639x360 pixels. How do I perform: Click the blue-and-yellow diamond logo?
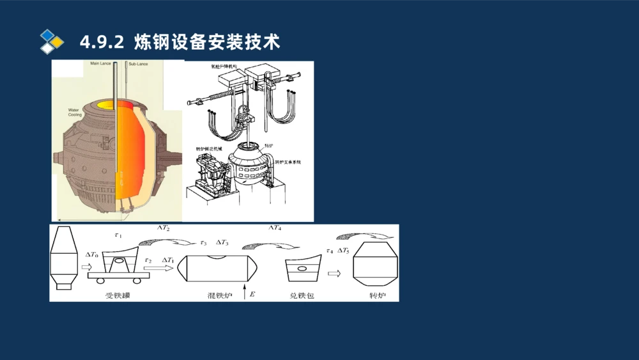click(52, 41)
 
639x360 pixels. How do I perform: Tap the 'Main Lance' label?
click(101, 64)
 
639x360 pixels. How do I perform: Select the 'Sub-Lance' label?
click(138, 65)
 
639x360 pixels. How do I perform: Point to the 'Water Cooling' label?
click(75, 112)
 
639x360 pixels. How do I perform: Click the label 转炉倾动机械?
click(209, 149)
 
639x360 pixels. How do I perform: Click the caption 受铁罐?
click(118, 295)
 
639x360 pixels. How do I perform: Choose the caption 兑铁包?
click(302, 295)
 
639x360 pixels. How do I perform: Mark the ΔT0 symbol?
click(92, 254)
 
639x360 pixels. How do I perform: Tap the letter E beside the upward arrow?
click(252, 294)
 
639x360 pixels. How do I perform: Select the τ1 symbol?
click(118, 235)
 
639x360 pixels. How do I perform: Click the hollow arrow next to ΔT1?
click(158, 269)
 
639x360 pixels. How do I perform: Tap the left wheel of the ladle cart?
click(102, 280)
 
